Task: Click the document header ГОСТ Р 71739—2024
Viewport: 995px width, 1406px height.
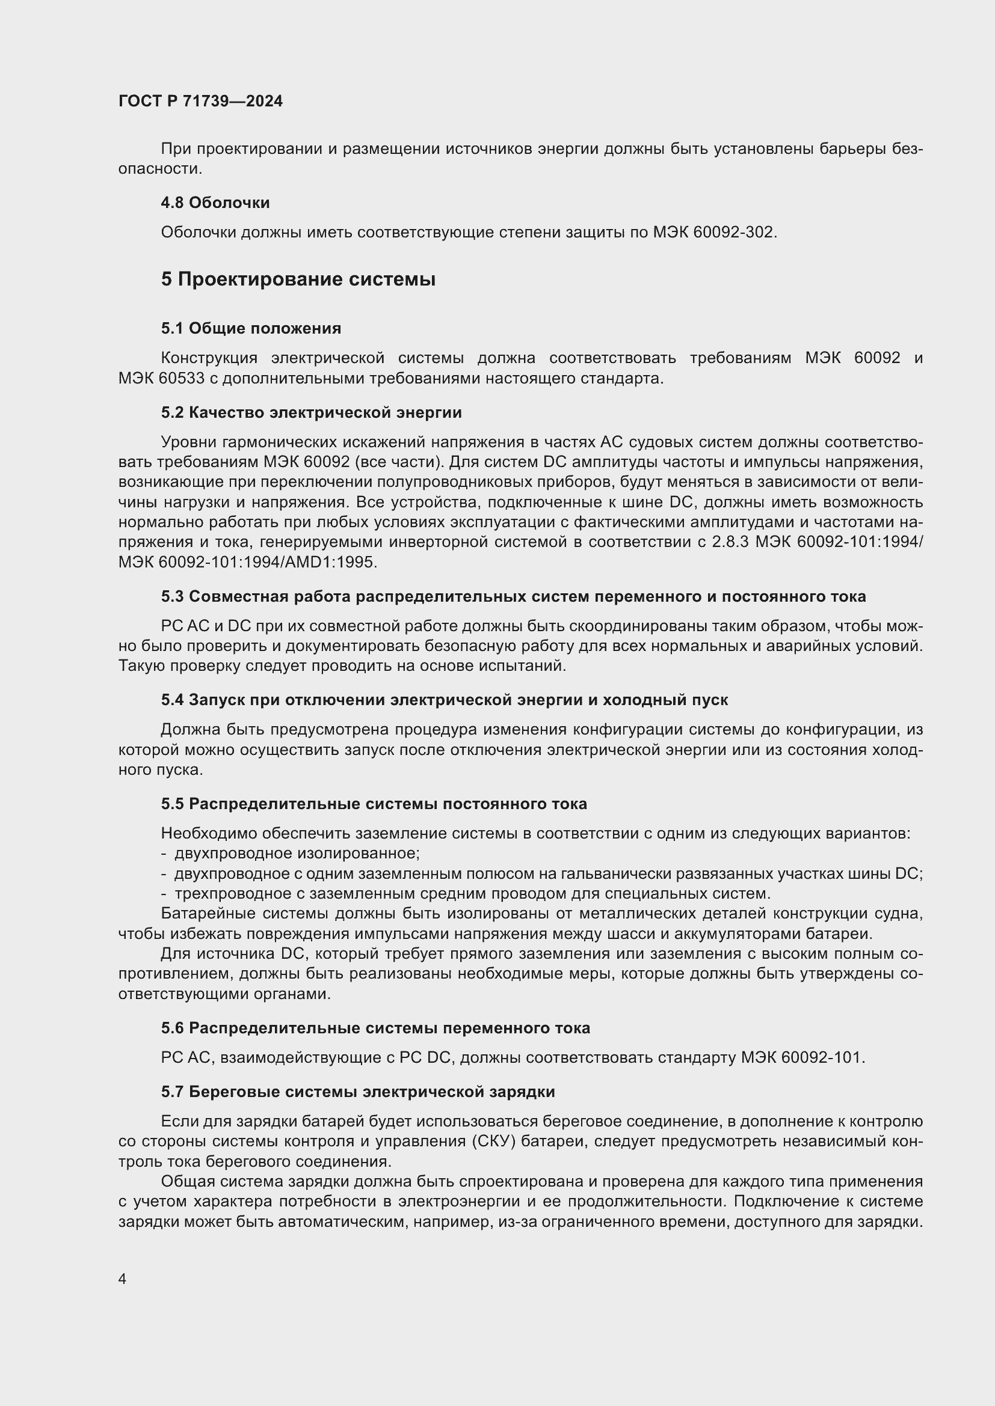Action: (200, 101)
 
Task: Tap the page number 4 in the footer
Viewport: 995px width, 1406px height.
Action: (123, 1279)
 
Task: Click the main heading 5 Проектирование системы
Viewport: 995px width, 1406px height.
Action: (298, 280)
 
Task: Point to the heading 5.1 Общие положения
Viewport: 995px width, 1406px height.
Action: (251, 329)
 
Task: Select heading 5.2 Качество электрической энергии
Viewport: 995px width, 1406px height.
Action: (311, 413)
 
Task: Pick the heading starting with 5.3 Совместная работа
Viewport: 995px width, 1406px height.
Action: (513, 596)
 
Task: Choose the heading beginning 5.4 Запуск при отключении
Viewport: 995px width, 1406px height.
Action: (444, 700)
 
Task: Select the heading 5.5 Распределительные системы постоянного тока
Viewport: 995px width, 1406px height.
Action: (374, 804)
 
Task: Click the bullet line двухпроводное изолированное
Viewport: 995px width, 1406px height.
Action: (297, 854)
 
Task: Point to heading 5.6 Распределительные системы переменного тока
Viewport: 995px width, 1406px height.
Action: (375, 1028)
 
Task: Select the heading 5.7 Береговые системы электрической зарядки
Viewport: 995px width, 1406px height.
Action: (358, 1092)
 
